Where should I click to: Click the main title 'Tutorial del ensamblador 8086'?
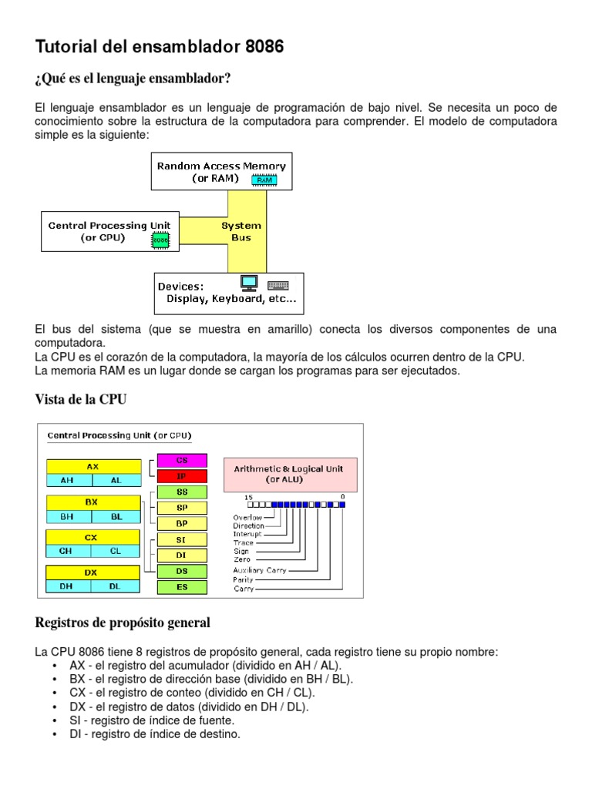click(x=160, y=47)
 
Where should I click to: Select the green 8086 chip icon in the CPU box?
click(x=160, y=240)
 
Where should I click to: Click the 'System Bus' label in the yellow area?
click(x=241, y=231)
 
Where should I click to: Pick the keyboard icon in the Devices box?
click(x=277, y=284)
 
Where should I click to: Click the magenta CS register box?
click(x=182, y=460)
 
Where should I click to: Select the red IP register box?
click(x=182, y=476)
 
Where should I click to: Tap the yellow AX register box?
click(x=93, y=466)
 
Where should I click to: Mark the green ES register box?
click(x=182, y=587)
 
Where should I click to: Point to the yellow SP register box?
click(x=182, y=508)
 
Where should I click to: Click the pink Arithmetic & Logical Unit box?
click(x=290, y=474)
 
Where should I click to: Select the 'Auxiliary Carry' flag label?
click(x=260, y=570)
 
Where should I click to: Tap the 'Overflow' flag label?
click(x=247, y=517)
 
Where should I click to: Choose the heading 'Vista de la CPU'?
click(x=81, y=399)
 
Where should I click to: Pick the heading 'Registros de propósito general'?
click(x=123, y=622)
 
